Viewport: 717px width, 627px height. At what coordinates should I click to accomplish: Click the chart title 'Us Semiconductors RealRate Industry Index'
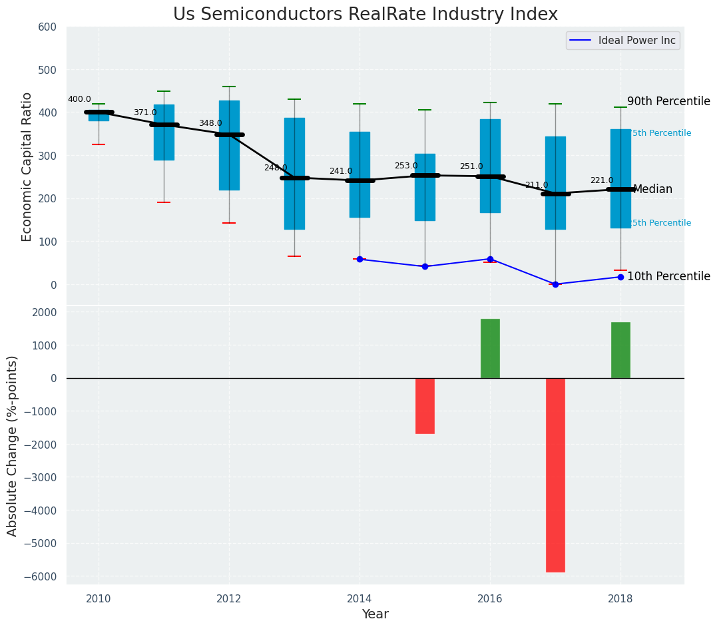365,15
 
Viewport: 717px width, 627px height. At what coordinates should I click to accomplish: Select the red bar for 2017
555,475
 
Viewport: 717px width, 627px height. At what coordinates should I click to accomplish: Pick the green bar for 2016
490,349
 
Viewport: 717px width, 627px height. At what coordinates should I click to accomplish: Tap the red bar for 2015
425,406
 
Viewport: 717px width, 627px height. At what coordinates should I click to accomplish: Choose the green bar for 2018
620,350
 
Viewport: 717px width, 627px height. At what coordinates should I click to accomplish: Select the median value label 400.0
79,100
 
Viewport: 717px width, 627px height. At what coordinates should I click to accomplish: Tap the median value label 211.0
537,186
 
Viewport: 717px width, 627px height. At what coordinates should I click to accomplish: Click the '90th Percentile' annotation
668,102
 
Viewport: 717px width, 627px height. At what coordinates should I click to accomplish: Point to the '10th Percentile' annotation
668,277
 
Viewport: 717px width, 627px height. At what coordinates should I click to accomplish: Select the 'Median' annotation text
652,190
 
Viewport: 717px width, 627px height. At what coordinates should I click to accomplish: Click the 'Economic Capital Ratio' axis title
27,166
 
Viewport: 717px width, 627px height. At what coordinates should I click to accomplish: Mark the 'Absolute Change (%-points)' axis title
13,445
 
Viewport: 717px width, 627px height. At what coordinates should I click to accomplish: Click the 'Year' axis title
375,614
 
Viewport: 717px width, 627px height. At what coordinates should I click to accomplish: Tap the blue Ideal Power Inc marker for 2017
555,284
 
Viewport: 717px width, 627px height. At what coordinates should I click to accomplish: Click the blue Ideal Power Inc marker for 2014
359,259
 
